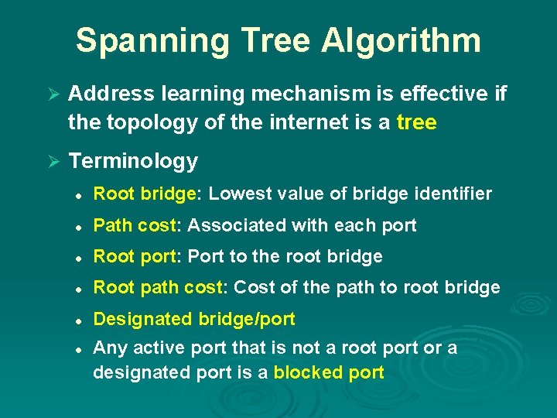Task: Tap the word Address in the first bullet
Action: pos(113,94)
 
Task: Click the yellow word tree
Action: pos(416,122)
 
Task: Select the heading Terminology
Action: pos(133,161)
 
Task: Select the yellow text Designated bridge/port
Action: pos(193,318)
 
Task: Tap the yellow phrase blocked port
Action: pos(329,372)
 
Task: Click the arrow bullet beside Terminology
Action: pos(53,162)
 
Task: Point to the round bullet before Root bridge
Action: pos(80,194)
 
